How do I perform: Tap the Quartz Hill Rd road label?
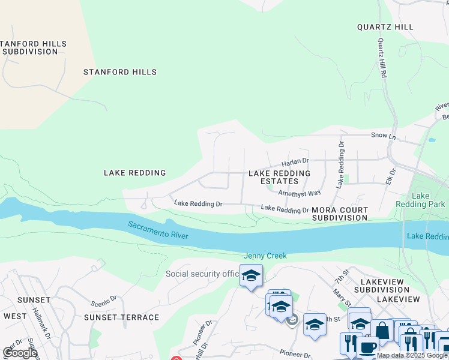click(382, 59)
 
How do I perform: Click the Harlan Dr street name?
click(295, 161)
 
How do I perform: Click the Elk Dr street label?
click(391, 177)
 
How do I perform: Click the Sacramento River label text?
click(158, 230)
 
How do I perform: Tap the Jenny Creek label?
click(265, 256)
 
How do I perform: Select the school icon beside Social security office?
click(251, 276)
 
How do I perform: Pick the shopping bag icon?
click(382, 330)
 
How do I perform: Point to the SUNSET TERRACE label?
click(122, 317)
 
